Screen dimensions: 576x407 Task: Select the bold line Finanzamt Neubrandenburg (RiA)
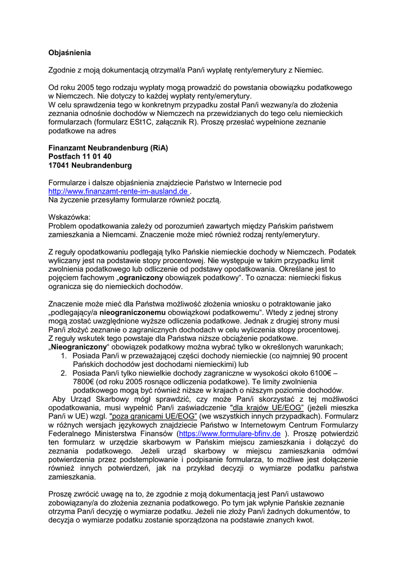point(108,148)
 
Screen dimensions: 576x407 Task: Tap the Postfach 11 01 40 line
point(80,156)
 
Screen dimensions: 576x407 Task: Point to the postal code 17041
point(59,165)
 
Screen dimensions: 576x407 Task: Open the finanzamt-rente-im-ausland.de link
point(118,191)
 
